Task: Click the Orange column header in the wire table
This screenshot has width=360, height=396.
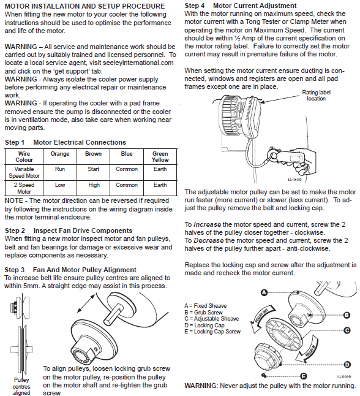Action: pos(60,154)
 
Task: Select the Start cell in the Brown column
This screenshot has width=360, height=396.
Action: pos(93,169)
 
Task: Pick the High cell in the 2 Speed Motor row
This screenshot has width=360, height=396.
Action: pos(94,185)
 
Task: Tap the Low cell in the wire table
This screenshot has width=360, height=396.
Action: pos(60,185)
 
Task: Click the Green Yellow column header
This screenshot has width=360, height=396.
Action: pos(160,157)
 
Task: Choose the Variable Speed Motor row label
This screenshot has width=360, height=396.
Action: pos(24,172)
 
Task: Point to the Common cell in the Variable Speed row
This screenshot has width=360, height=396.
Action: pos(127,169)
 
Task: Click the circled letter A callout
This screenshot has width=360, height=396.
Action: pos(264,292)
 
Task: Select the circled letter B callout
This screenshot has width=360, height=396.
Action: pos(347,315)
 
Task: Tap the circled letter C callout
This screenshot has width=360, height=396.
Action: pos(347,330)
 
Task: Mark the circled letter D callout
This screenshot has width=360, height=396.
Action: pos(347,365)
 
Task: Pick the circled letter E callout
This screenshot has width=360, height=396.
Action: pos(304,376)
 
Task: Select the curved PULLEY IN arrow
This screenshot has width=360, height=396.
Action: pos(309,349)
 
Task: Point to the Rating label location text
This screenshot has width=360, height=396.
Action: pos(317,96)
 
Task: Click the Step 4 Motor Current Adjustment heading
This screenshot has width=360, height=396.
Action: pos(241,6)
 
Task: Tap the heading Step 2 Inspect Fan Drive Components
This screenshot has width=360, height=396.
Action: pos(69,230)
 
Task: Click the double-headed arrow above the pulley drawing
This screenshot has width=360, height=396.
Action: pos(86,303)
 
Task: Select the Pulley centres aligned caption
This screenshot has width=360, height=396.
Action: pos(21,386)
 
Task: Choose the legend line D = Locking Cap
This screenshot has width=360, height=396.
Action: pos(204,326)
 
